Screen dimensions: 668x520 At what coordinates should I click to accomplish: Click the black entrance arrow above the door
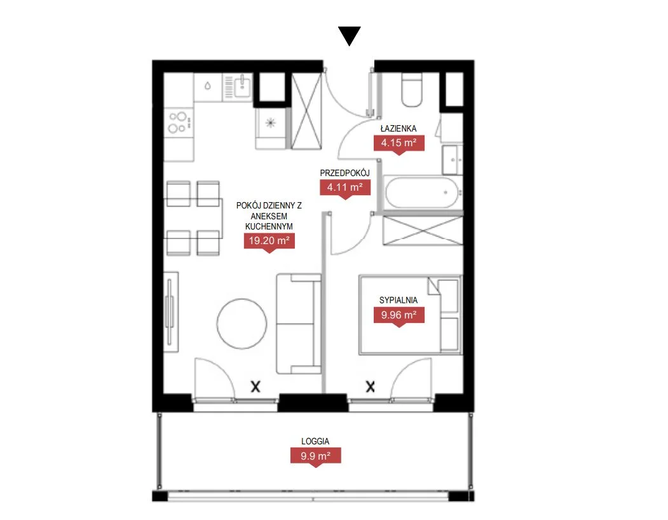tap(350, 36)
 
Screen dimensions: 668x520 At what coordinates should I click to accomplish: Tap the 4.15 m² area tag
tap(399, 143)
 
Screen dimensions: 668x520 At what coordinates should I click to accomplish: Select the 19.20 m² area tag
tap(269, 241)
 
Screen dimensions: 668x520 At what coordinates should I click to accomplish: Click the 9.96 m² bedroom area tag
tap(399, 315)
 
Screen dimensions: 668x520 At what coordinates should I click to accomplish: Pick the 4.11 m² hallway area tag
tap(344, 187)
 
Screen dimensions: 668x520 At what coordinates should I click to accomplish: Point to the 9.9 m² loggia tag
tap(315, 456)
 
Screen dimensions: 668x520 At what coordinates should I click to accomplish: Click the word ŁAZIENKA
tap(399, 128)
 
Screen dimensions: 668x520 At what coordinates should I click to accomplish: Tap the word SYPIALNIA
tap(399, 300)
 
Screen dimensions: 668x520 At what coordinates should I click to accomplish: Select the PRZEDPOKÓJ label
tap(344, 173)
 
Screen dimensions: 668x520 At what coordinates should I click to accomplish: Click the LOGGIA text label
tap(315, 442)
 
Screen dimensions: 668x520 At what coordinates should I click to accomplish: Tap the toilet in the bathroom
tap(412, 90)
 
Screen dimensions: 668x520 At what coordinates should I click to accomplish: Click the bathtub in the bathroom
tap(422, 193)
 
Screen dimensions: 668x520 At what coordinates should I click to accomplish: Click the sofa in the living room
tap(299, 324)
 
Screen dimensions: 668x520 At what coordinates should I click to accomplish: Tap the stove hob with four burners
tap(179, 122)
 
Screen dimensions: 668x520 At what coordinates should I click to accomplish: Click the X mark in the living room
tap(255, 387)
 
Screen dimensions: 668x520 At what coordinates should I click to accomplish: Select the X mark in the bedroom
tap(370, 387)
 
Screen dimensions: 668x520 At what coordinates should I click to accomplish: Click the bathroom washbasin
tap(452, 160)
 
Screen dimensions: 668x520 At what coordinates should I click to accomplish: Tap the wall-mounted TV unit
tap(171, 312)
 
